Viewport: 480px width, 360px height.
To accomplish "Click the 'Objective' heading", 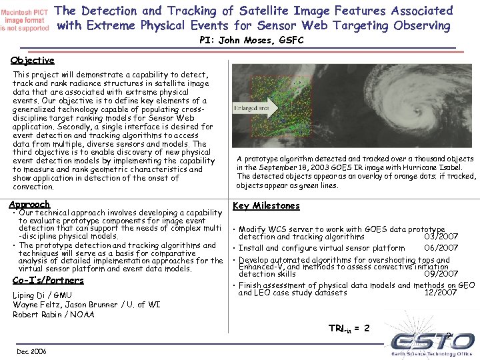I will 33,61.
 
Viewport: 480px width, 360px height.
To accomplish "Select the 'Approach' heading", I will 29,205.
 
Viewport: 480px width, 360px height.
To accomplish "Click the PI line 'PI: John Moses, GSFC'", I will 251,41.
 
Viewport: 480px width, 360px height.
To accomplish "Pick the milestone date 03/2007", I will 441,236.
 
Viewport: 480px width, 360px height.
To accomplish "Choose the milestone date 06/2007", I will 441,248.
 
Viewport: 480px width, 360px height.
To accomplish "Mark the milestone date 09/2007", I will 441,273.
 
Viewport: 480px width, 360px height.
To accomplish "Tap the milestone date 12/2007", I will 441,292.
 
